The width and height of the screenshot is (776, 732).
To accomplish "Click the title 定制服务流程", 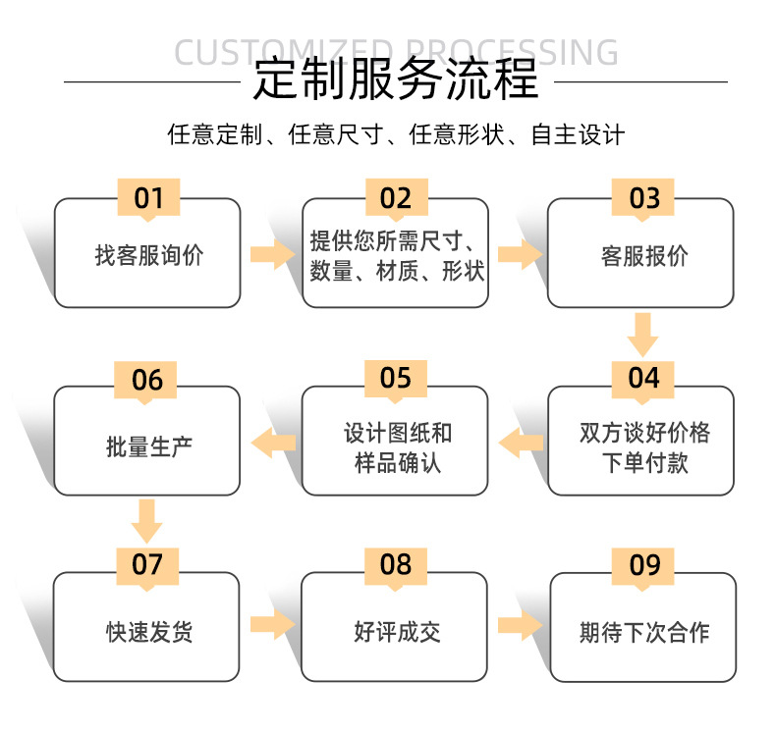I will tap(395, 79).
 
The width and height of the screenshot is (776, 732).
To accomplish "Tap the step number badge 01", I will tap(148, 198).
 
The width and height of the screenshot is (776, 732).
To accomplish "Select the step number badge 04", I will tap(643, 378).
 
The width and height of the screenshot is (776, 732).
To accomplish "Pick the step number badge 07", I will tap(146, 564).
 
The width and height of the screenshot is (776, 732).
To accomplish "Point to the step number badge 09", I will tap(644, 564).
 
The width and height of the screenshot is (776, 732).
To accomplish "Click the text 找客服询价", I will tap(148, 256).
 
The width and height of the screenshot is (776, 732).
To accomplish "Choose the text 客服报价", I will tap(643, 256).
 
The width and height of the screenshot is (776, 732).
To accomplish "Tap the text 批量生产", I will tap(148, 446).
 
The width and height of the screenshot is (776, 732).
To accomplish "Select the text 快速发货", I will tap(148, 632).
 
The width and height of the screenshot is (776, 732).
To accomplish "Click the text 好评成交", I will tap(396, 632).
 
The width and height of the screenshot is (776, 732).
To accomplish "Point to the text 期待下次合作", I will tap(643, 632).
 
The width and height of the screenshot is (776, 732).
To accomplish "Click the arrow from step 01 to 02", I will tap(272, 255).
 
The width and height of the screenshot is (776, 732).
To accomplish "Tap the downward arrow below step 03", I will tap(642, 335).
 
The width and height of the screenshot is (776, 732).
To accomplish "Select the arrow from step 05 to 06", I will tap(274, 444).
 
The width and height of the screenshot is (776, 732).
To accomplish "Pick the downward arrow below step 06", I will tap(146, 521).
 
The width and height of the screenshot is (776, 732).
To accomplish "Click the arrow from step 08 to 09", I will tap(520, 625).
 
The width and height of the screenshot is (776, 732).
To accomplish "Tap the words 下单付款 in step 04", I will tap(643, 462).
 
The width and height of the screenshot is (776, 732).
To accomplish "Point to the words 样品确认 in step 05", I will tap(397, 462).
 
